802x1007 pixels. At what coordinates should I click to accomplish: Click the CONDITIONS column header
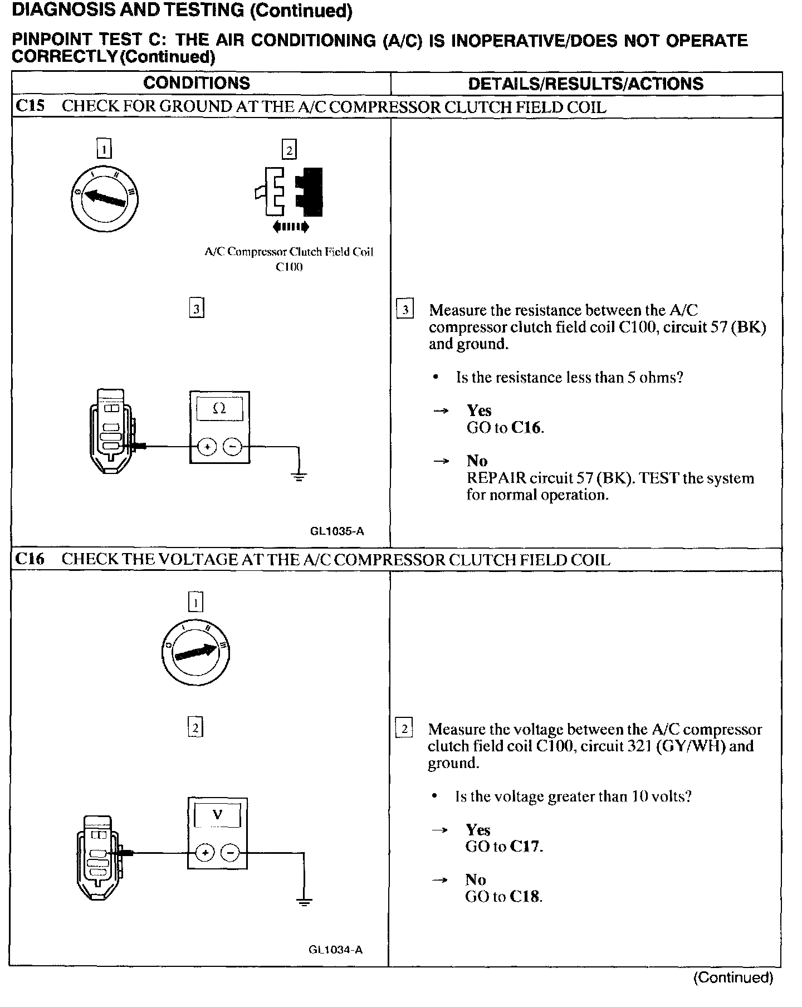pyautogui.click(x=197, y=83)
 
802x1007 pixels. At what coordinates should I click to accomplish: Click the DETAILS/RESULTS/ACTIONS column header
pyautogui.click(x=585, y=84)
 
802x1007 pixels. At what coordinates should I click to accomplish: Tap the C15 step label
pyautogui.click(x=30, y=106)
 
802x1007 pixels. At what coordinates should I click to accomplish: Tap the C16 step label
pyautogui.click(x=30, y=559)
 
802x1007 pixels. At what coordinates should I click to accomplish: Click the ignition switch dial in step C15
pyautogui.click(x=105, y=199)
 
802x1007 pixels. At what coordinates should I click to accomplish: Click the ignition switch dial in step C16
pyautogui.click(x=195, y=651)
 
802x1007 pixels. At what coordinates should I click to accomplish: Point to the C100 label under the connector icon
pyautogui.click(x=289, y=267)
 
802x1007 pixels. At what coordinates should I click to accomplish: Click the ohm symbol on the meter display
pyautogui.click(x=219, y=408)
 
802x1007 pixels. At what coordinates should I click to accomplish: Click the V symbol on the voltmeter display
pyautogui.click(x=217, y=815)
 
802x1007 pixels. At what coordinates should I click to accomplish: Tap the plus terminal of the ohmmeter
pyautogui.click(x=207, y=446)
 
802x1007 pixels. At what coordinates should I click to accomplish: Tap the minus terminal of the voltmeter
pyautogui.click(x=230, y=852)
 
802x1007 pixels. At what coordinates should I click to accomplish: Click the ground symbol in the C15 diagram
pyautogui.click(x=299, y=476)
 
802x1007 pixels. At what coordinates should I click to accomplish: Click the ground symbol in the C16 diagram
pyautogui.click(x=304, y=902)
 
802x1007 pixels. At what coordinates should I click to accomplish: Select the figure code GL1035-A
pyautogui.click(x=337, y=531)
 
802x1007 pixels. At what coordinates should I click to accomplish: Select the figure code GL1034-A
pyautogui.click(x=336, y=950)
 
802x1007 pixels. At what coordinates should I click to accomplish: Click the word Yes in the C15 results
pyautogui.click(x=479, y=410)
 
